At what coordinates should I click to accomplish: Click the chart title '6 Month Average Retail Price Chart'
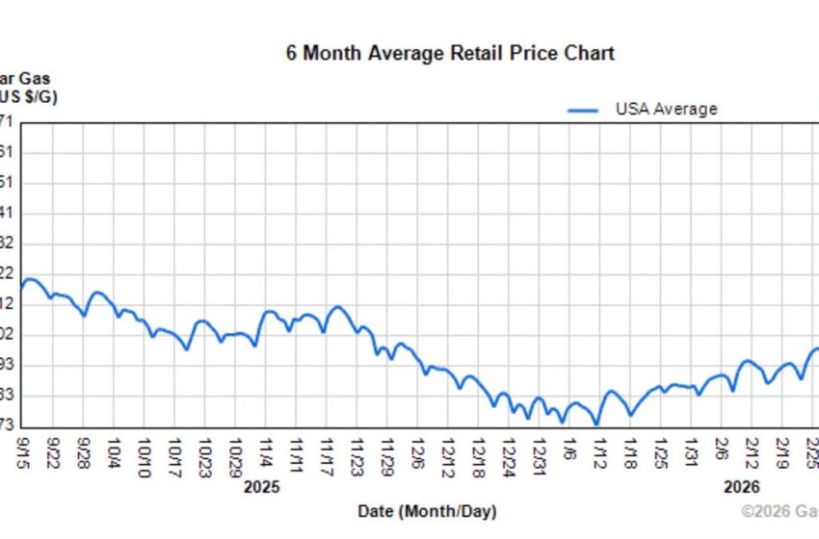click(450, 53)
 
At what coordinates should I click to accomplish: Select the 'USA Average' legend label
click(666, 109)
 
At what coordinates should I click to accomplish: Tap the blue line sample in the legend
click(584, 110)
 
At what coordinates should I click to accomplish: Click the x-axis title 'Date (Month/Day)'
click(427, 512)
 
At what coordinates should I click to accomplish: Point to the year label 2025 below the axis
click(261, 487)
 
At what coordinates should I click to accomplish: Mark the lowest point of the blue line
click(596, 423)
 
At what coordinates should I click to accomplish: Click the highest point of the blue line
click(30, 279)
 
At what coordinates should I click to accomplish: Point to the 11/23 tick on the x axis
click(357, 452)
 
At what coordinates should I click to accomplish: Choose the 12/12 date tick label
click(448, 452)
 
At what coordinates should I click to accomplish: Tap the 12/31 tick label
click(540, 452)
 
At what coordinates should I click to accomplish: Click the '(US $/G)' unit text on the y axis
click(28, 98)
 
